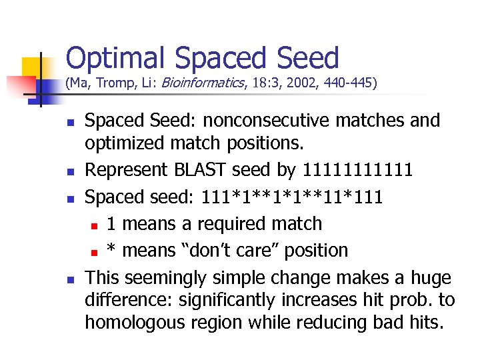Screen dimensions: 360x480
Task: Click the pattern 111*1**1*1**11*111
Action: click(293, 197)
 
